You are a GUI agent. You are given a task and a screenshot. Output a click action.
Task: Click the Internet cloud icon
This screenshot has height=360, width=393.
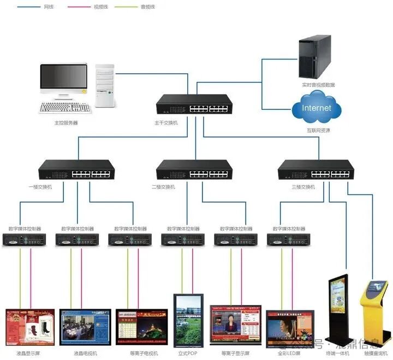point(317,109)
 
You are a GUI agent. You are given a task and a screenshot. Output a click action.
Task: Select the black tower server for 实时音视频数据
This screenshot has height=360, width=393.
point(315,56)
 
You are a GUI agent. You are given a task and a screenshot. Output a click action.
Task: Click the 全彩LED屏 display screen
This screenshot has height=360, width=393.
point(290,328)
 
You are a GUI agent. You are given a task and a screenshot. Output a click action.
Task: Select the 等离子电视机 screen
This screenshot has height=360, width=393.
point(141,327)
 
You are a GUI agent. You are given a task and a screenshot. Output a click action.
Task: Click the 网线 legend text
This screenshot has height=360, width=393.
point(49,7)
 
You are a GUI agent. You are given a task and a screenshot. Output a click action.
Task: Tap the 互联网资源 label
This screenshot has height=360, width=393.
point(318,131)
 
